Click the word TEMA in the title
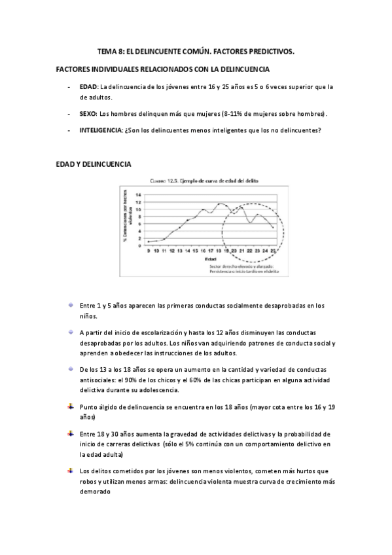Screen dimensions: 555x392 (x=107, y=50)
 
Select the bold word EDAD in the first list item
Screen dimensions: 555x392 (x=88, y=86)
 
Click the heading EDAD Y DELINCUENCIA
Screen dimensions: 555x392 (x=94, y=164)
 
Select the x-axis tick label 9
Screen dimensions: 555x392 (x=149, y=251)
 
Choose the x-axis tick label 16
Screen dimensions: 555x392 (x=204, y=251)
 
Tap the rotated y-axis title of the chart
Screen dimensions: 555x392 (x=126, y=219)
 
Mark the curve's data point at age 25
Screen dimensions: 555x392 (x=273, y=227)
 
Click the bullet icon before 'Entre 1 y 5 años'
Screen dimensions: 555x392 (x=69, y=305)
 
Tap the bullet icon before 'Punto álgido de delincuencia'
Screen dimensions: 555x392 (x=69, y=406)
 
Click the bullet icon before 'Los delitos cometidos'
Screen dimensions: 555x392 (x=69, y=470)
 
